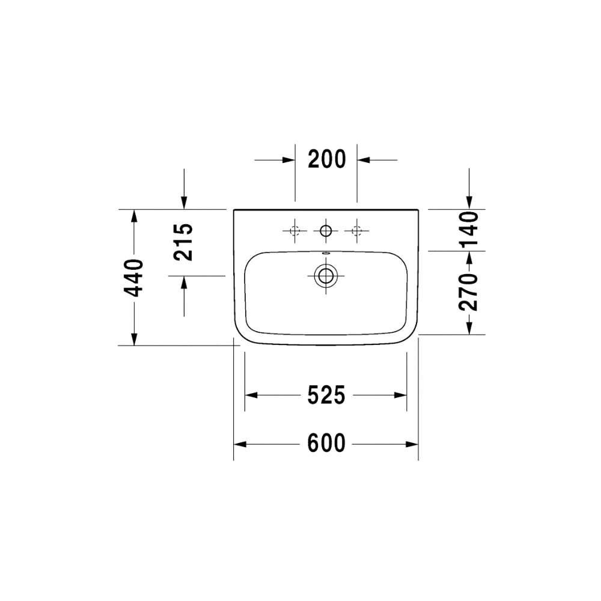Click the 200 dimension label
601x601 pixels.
327,159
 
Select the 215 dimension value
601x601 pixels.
183,242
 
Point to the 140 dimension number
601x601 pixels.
468,229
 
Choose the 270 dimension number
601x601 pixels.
468,291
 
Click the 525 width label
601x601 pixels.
326,395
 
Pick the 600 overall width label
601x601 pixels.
326,443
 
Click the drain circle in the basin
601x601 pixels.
326,276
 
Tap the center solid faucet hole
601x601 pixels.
326,231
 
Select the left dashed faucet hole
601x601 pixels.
294,231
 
